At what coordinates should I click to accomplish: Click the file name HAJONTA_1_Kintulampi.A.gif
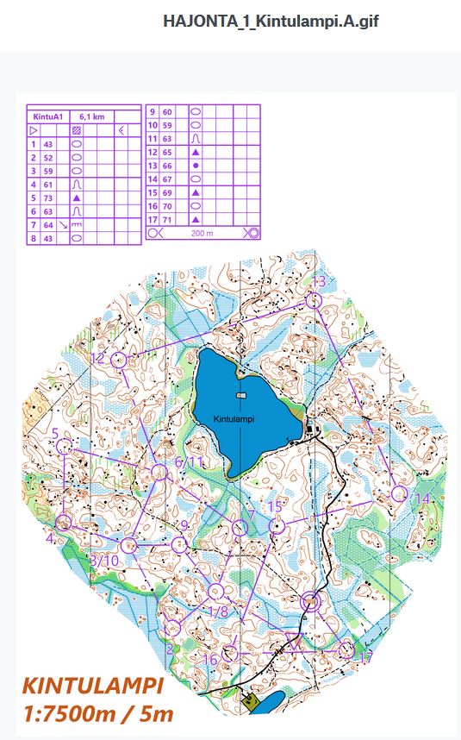271,21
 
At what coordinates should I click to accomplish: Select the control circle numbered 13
314,300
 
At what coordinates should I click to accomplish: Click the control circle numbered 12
119,360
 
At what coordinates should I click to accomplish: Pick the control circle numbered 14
398,493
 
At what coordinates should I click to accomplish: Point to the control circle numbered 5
64,446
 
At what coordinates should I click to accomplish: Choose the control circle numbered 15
277,525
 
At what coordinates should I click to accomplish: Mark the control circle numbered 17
346,649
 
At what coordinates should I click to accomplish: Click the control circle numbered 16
229,653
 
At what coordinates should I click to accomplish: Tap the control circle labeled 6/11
159,472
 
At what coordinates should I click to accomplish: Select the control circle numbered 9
178,544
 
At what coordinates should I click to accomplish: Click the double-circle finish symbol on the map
312,601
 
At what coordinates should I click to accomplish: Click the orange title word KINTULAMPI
93,687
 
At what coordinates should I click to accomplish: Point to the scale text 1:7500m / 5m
97,713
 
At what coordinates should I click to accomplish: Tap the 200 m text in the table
202,233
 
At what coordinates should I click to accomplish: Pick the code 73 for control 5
48,198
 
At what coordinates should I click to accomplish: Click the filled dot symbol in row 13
196,165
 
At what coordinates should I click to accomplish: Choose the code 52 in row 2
48,158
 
